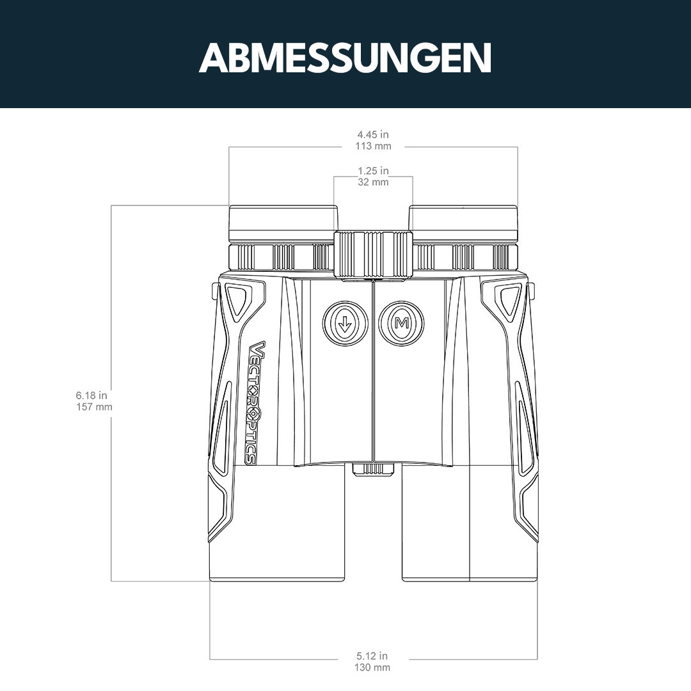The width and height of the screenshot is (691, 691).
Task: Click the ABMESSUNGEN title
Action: (x=345, y=58)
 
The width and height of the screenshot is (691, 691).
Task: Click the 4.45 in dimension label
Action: (x=373, y=134)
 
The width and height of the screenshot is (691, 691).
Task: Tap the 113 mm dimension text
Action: (x=373, y=146)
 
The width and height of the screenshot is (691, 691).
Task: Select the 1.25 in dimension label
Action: (x=373, y=171)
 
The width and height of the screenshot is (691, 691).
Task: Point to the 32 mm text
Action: (x=373, y=182)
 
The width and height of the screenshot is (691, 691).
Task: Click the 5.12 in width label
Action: (x=372, y=656)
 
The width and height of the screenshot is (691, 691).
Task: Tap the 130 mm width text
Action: (x=373, y=667)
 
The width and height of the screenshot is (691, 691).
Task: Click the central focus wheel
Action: (x=373, y=254)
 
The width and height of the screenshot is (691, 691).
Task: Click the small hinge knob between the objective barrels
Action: (x=373, y=468)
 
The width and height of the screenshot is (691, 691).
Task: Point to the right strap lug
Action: (x=532, y=292)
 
